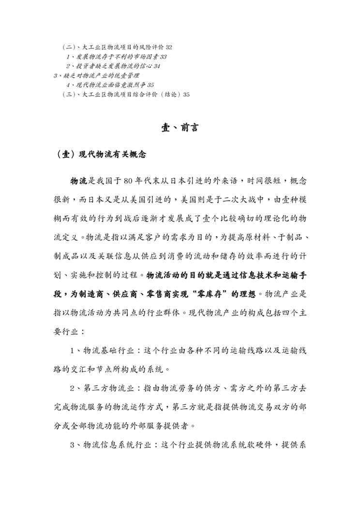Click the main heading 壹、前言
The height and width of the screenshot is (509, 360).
coord(180,128)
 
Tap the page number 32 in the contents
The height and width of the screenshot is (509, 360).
coord(169,47)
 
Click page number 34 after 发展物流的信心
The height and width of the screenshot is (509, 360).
coord(157,66)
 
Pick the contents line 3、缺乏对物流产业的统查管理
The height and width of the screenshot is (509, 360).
coord(96,75)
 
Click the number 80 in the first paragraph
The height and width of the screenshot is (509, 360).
coord(128,181)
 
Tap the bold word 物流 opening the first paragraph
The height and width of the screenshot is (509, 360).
coord(79,181)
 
